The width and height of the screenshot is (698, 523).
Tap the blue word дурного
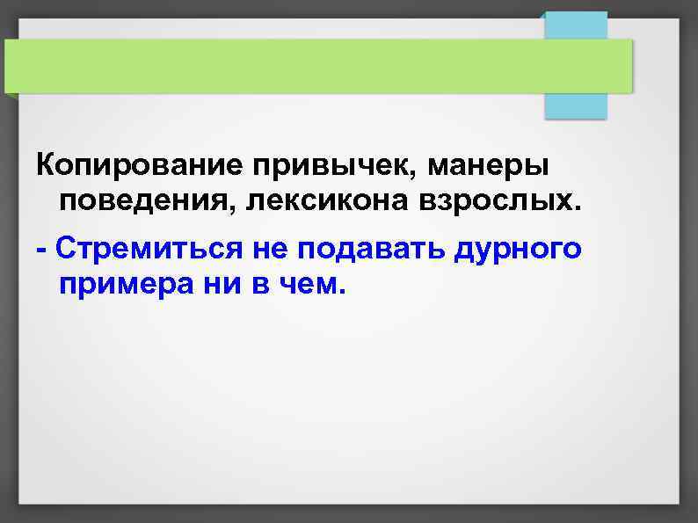tap(518, 248)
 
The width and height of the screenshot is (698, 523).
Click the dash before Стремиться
tap(41, 249)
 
